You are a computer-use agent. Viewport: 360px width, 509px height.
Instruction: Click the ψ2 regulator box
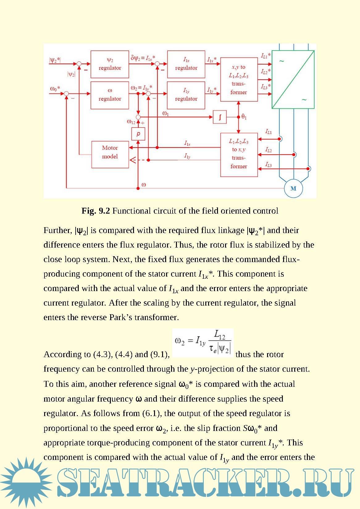pos(110,64)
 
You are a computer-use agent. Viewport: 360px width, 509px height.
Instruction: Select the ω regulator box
pos(110,95)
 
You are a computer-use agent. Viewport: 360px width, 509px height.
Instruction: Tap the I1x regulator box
pos(186,64)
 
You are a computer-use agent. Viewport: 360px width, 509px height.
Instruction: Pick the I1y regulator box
pos(186,95)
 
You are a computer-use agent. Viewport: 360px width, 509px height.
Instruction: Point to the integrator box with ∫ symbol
pos(220,117)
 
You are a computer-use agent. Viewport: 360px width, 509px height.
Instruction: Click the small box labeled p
pos(138,134)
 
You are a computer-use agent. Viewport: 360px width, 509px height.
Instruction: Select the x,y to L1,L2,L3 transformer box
pos(239,79)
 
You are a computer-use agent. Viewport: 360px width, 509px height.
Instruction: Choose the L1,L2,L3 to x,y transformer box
pos(239,154)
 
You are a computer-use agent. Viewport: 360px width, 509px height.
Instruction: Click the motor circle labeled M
pos(293,188)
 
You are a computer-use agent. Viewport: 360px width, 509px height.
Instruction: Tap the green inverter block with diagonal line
pos(293,79)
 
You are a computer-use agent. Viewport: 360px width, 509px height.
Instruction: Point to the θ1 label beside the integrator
pos(244,117)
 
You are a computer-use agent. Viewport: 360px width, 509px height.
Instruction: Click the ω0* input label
pos(55,89)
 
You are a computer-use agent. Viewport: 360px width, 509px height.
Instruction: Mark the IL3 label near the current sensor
pos(269,165)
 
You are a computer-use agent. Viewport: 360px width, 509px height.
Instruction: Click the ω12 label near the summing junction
pos(131,122)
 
